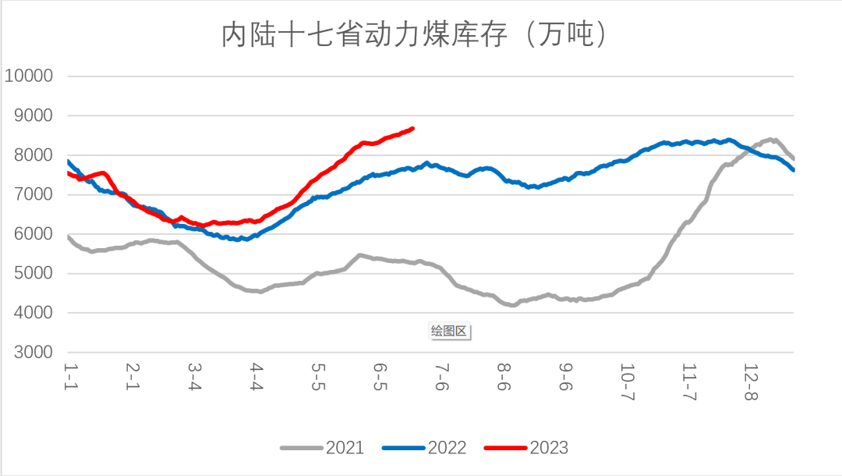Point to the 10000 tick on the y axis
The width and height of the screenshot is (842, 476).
tap(28, 76)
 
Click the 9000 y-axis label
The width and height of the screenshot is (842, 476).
tap(33, 115)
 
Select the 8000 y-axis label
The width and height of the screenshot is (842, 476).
tap(33, 155)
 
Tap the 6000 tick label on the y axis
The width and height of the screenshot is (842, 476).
tap(33, 234)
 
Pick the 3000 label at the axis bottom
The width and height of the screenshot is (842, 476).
tap(33, 352)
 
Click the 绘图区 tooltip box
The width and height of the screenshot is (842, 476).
tap(449, 331)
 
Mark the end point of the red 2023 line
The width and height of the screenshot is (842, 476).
tap(412, 128)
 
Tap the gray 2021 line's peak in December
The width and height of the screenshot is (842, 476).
tap(771, 140)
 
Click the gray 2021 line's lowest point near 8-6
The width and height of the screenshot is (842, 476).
tap(512, 305)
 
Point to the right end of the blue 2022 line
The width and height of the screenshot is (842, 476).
tap(793, 169)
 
